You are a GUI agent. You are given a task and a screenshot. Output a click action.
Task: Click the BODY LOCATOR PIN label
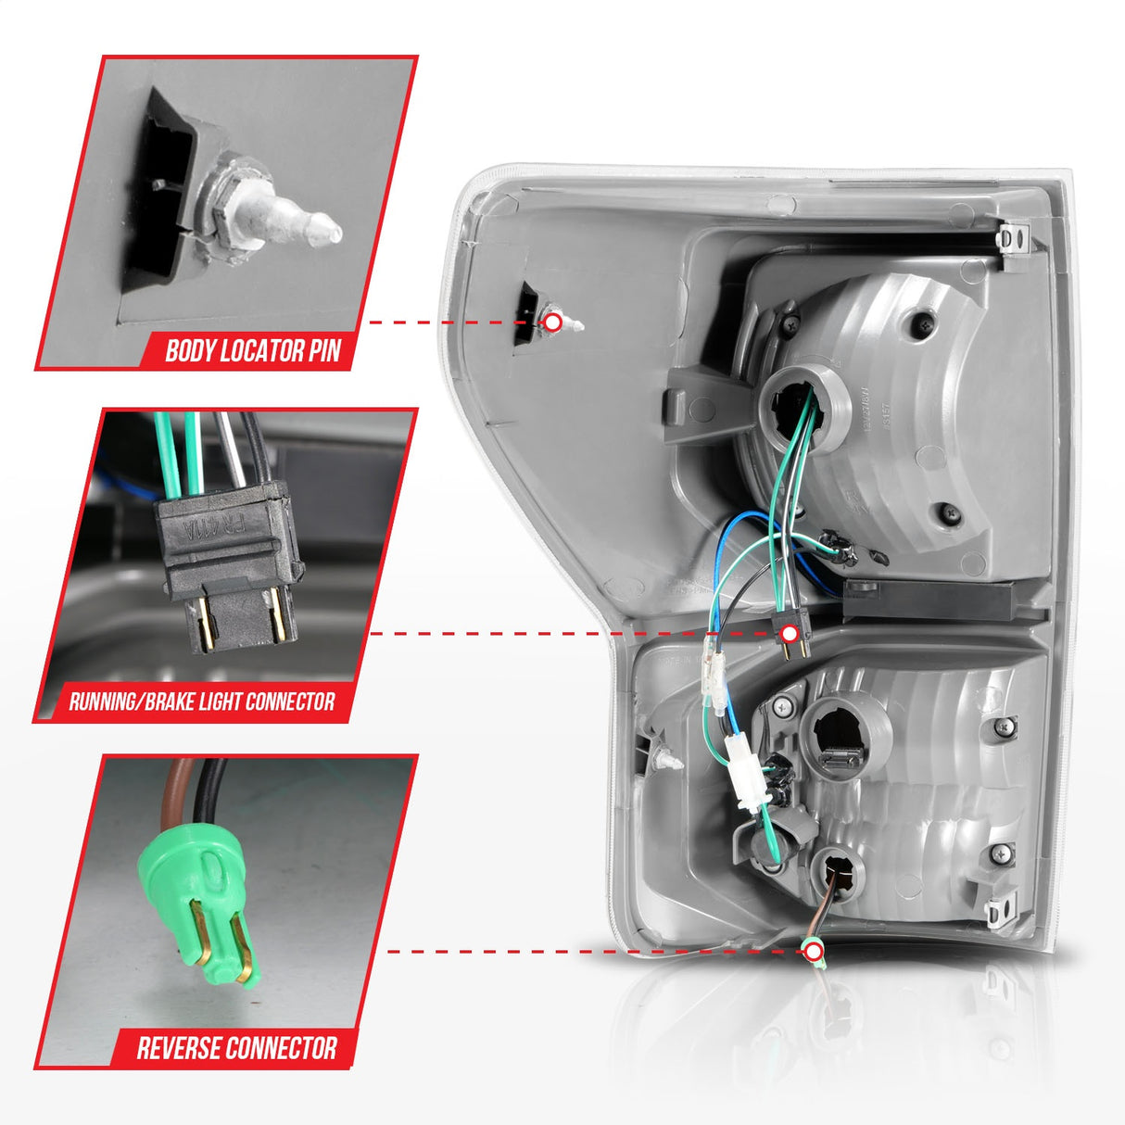252,351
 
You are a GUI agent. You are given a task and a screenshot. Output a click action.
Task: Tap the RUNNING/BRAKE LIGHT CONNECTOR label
201,702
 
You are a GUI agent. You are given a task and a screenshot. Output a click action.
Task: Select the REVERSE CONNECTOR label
236,1048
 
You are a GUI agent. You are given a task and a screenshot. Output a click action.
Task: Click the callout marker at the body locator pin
552,322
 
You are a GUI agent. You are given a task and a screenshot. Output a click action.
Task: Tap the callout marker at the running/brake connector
790,634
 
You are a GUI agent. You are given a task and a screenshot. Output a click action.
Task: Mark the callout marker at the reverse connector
814,952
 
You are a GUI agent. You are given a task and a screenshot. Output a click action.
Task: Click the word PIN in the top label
324,351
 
